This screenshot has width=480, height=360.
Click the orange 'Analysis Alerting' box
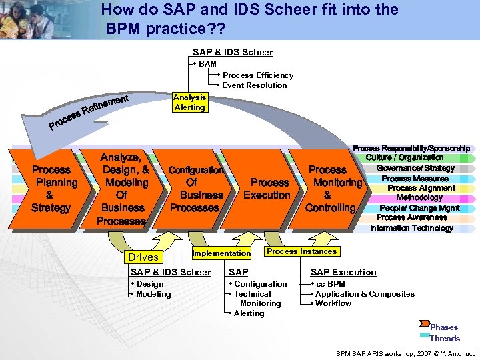[x=189, y=102]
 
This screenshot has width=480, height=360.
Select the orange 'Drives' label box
[x=143, y=257]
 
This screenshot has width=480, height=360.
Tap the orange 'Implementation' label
[x=221, y=253]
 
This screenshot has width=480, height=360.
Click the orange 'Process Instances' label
[x=301, y=251]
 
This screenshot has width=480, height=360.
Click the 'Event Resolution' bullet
[x=254, y=85]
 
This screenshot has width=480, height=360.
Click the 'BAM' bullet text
[x=207, y=64]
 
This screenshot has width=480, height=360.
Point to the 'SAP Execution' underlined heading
[x=343, y=272]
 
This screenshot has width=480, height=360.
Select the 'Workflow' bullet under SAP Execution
[x=333, y=303]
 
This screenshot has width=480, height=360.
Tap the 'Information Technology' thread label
[x=411, y=228]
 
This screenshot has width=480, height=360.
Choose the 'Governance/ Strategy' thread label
[x=415, y=168]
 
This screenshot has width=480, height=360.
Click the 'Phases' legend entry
[x=443, y=327]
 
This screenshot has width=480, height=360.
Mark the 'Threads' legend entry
[x=445, y=338]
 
